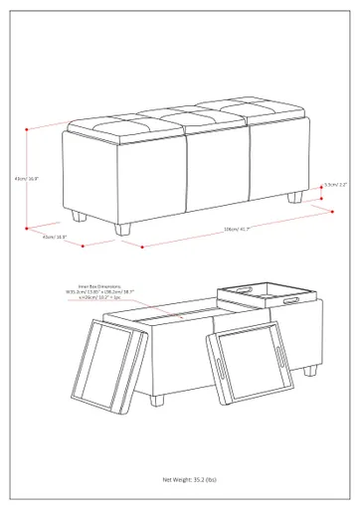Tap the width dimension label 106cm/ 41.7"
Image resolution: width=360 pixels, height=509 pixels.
[237, 230]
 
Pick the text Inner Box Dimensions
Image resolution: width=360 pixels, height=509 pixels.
[86, 285]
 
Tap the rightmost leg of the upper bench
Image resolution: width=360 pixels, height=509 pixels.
[295, 197]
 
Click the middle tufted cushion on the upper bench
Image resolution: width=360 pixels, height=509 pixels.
[179, 118]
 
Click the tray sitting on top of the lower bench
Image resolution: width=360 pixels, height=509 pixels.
[268, 294]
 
